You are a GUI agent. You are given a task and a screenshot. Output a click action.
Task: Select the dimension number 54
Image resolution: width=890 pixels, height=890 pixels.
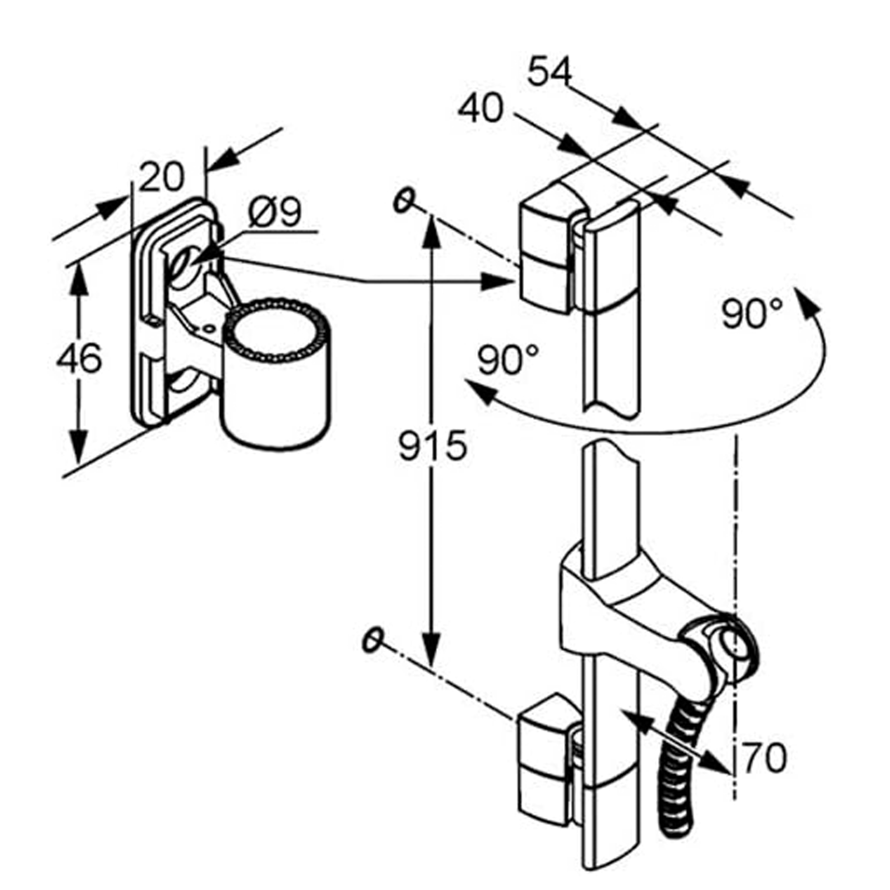click(x=550, y=72)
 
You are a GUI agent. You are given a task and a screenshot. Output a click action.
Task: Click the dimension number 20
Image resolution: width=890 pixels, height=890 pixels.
click(x=161, y=176)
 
